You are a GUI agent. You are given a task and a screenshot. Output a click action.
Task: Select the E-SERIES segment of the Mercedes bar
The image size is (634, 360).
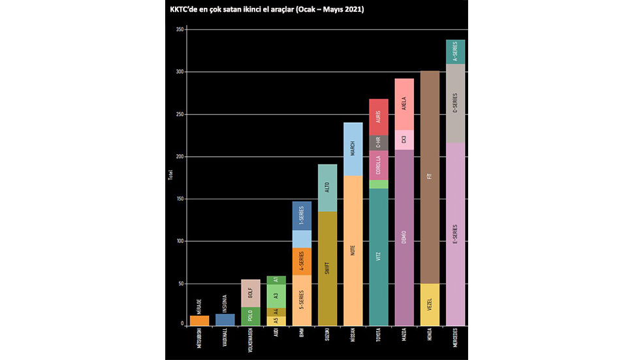coord(454,234)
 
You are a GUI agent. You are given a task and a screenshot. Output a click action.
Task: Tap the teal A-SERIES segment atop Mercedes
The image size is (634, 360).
coord(454,52)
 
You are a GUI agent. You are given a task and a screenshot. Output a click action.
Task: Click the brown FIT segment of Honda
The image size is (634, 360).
coord(429,177)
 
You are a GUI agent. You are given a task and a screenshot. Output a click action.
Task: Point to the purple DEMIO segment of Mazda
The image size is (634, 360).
coord(404,237)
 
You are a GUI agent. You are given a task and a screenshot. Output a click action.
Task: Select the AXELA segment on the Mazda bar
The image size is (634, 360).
coord(404,105)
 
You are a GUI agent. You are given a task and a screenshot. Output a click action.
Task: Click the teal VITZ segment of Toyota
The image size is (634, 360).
coord(378,256)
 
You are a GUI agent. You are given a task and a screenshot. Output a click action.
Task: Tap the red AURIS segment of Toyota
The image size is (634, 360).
coord(378,118)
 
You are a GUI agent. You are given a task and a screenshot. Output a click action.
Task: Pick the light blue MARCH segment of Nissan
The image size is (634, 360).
coord(353,149)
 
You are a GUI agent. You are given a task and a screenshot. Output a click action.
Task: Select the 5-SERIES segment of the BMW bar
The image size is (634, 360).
coord(302,300)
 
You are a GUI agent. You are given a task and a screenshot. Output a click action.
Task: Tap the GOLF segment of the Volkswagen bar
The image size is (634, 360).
coord(251,293)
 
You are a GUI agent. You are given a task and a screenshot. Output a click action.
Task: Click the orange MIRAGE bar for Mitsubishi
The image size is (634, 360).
coord(200,320)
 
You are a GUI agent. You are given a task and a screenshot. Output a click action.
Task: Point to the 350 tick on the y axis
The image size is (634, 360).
coord(180,29)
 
